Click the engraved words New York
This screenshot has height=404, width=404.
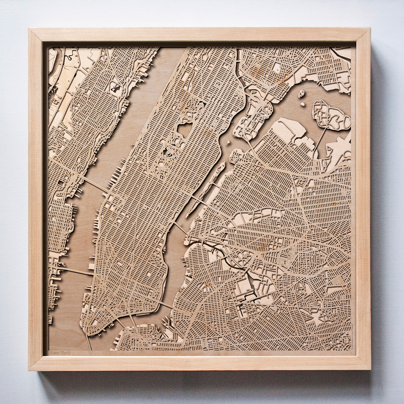coord(60,352)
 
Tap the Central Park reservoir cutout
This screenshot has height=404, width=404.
coord(185,130)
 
